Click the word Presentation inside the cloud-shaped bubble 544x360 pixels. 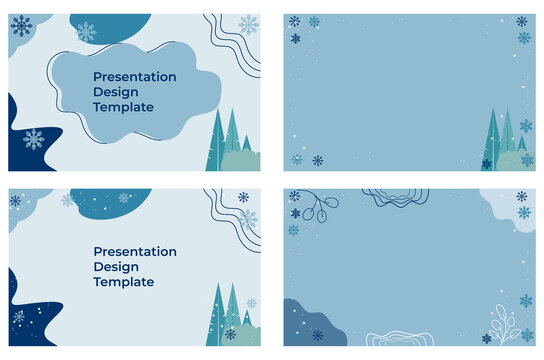(134, 76)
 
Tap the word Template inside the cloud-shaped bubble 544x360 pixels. (123, 107)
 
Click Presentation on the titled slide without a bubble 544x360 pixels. (134, 251)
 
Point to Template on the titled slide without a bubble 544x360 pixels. (123, 282)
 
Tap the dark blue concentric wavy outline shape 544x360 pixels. (395, 197)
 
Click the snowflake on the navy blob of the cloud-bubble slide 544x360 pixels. (34, 139)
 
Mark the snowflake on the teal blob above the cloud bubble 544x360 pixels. (87, 32)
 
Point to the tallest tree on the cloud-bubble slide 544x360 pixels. (232, 135)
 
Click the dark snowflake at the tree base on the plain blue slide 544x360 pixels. (487, 164)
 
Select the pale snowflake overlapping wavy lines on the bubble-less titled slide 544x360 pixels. (248, 218)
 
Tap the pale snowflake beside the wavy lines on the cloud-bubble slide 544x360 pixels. (248, 24)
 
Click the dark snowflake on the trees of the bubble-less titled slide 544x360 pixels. (231, 334)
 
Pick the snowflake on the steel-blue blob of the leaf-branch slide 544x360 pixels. (317, 335)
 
